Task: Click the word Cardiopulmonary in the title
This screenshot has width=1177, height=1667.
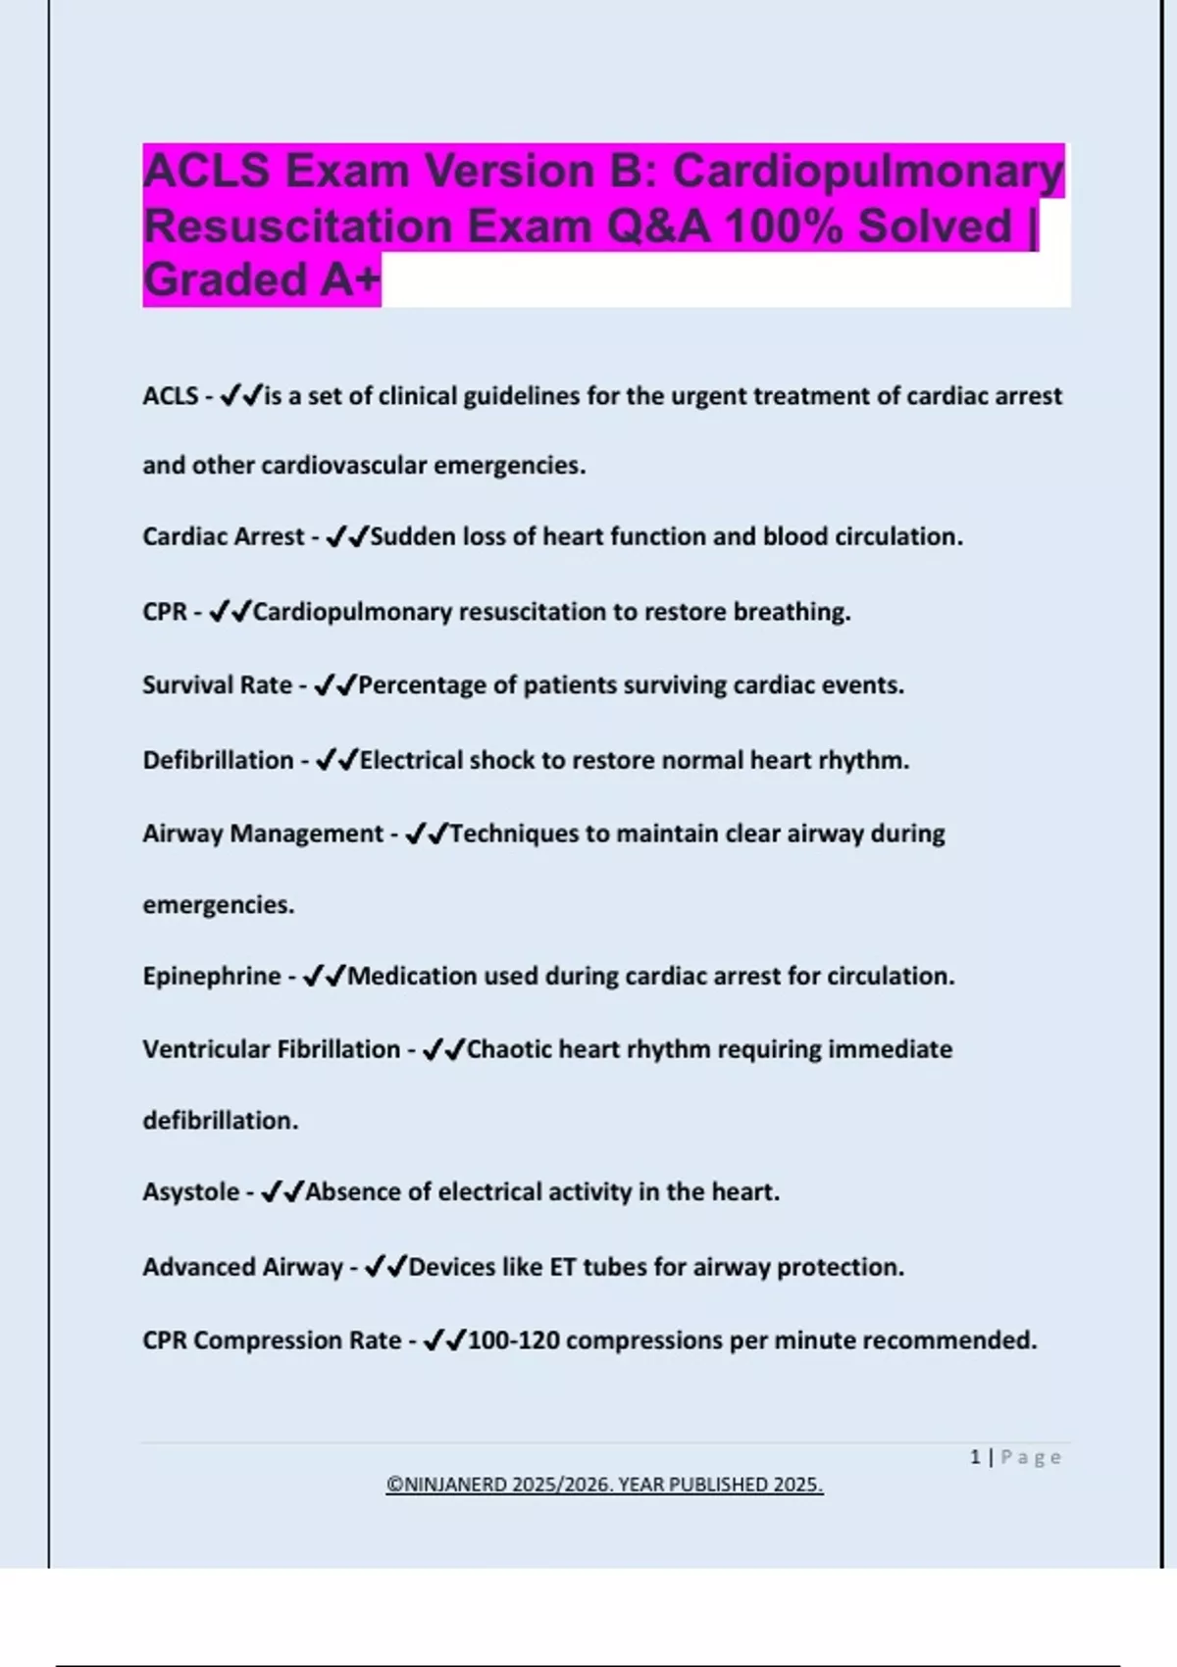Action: (867, 172)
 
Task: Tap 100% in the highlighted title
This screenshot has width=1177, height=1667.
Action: (783, 227)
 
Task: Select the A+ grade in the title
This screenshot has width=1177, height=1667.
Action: (349, 280)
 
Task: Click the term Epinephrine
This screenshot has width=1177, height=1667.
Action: (212, 977)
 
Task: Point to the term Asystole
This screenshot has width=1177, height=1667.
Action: (190, 1192)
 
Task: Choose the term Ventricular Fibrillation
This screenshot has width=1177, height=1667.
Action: (272, 1049)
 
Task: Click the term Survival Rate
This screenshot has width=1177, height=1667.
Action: (217, 685)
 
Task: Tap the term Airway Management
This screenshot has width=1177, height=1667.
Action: (263, 833)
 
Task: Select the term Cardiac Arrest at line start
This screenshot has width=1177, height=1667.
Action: (224, 537)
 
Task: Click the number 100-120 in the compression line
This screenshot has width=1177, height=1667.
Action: (514, 1340)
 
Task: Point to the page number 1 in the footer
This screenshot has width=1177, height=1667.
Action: (975, 1457)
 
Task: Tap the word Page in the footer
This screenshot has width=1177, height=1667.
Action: (1031, 1458)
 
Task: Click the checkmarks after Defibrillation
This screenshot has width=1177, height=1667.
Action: (336, 761)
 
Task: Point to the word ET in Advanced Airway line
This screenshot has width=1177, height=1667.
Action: (562, 1268)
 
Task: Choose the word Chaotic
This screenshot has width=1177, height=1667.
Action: (510, 1049)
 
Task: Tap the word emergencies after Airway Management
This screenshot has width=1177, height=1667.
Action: (218, 905)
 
